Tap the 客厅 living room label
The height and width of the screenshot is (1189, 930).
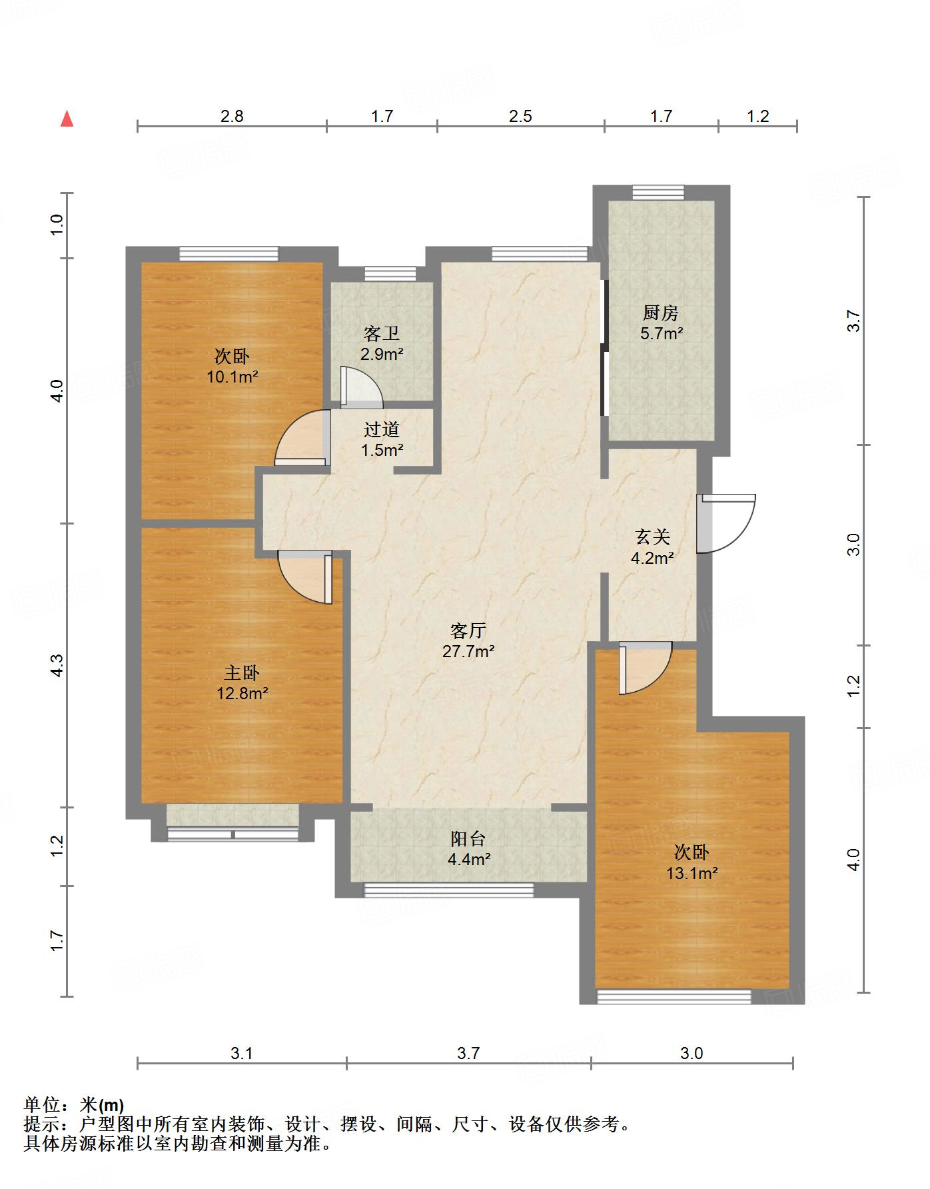click(468, 630)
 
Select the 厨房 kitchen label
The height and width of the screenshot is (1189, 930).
click(660, 312)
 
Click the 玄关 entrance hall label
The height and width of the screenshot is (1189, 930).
click(652, 537)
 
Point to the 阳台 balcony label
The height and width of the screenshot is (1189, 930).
click(468, 838)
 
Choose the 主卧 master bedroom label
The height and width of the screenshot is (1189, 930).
click(241, 672)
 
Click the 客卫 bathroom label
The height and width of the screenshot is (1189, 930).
click(382, 333)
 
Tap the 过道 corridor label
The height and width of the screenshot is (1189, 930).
click(382, 429)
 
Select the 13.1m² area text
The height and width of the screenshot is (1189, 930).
click(692, 873)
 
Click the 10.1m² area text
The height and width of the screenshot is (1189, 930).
click(232, 377)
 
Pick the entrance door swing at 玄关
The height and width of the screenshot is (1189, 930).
click(726, 523)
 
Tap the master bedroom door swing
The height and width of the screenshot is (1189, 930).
click(305, 577)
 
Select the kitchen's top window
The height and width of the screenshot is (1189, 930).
click(658, 192)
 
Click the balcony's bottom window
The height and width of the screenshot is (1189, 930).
click(449, 890)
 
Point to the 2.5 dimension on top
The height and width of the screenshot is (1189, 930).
click(520, 117)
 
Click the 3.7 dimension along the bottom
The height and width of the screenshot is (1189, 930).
click(468, 1054)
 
